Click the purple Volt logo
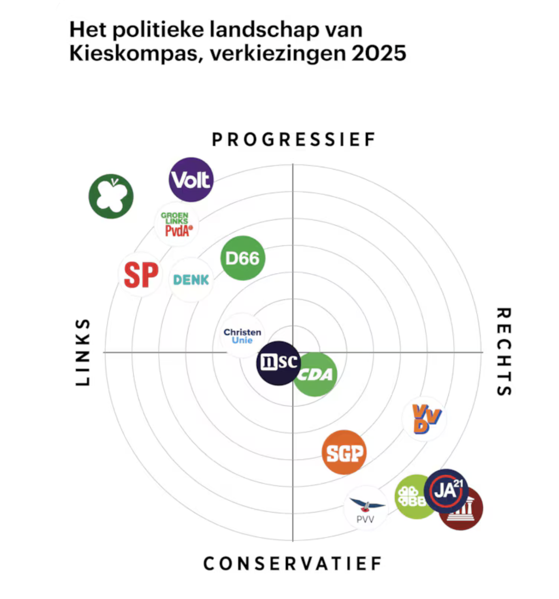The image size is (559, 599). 191,180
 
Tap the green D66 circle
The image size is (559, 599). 242,258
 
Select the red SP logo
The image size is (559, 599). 140,275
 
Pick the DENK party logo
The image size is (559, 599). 191,280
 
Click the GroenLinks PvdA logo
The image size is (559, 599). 176,224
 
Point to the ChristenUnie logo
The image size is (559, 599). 242,336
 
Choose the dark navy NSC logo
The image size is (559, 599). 278,363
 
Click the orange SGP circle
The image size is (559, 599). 344,452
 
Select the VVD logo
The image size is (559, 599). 424,419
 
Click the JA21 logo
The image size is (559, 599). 446,491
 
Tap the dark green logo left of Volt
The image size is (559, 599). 111,196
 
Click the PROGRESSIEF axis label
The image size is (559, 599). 293,139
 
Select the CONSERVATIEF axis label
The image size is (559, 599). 293,563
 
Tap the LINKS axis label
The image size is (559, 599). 83,352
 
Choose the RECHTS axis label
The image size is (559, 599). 504,352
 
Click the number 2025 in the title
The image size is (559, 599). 379,53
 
